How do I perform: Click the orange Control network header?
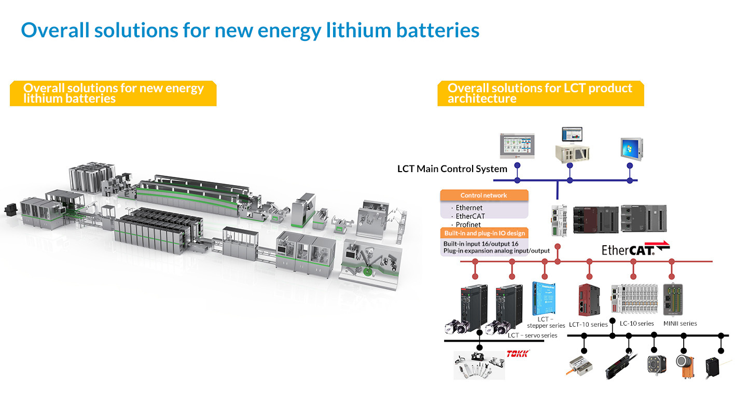pyautogui.click(x=484, y=195)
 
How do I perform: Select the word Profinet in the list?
pyautogui.click(x=468, y=224)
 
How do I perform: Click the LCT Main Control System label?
pyautogui.click(x=452, y=169)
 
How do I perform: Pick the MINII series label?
pyautogui.click(x=680, y=324)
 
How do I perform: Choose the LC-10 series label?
pyautogui.click(x=637, y=324)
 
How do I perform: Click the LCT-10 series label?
pyautogui.click(x=588, y=325)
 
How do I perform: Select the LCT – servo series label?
pyautogui.click(x=532, y=335)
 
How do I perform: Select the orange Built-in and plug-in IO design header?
pyautogui.click(x=484, y=233)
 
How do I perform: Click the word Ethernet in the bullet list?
pyautogui.click(x=469, y=208)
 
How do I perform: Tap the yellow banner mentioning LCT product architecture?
pyautogui.click(x=540, y=93)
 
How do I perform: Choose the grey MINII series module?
pyautogui.click(x=672, y=300)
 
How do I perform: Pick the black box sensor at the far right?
pyautogui.click(x=715, y=367)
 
